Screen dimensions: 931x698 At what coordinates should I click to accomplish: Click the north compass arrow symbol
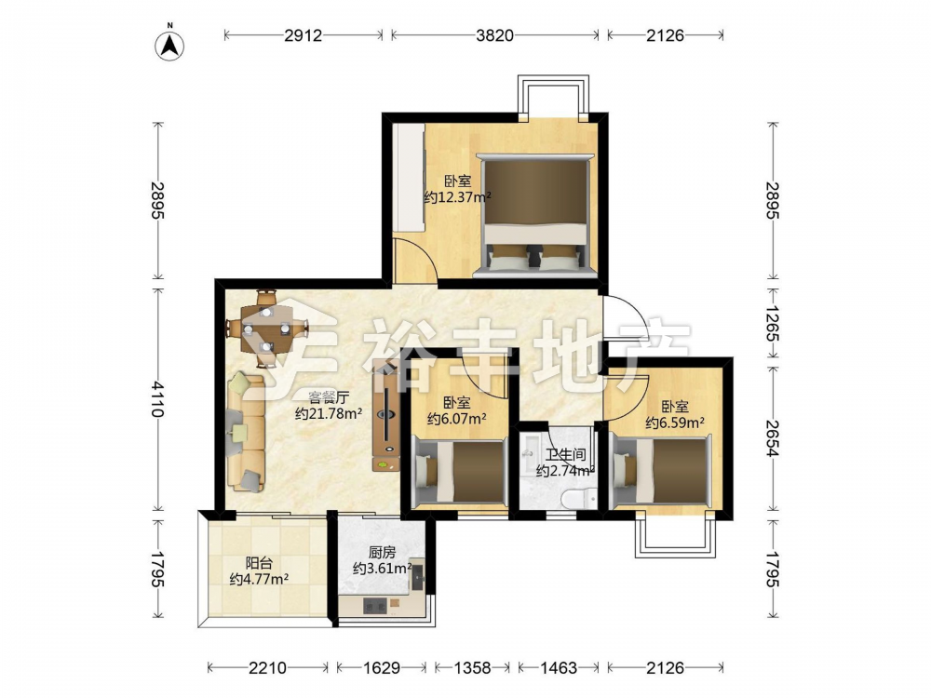[169, 45]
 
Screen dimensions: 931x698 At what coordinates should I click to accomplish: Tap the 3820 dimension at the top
[494, 35]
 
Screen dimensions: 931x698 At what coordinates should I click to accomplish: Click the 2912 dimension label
[303, 35]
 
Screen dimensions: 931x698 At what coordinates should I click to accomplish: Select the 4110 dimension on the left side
[157, 399]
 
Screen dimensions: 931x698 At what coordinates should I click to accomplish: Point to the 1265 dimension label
[773, 324]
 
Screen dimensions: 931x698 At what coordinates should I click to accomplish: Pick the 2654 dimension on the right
[773, 438]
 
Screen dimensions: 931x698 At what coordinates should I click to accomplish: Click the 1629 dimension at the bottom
[381, 668]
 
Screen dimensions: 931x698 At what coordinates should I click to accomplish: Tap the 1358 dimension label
[472, 668]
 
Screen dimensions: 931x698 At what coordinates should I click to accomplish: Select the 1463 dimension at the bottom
[558, 668]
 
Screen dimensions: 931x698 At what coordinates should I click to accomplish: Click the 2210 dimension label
[267, 668]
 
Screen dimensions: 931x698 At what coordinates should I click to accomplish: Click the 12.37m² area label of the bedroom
[457, 197]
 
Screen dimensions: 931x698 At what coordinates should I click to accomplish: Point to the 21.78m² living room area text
[329, 414]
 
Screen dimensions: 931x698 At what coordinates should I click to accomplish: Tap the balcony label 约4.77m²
[259, 579]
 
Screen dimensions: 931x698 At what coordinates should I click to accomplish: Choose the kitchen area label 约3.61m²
[383, 569]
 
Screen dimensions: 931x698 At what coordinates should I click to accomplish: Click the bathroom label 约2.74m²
[565, 471]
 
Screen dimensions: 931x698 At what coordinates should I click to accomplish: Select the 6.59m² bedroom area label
[675, 423]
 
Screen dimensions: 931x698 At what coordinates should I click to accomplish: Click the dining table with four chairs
[267, 329]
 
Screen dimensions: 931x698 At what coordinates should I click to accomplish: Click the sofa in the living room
[245, 432]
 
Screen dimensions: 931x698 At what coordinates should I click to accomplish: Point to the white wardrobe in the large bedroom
[409, 179]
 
